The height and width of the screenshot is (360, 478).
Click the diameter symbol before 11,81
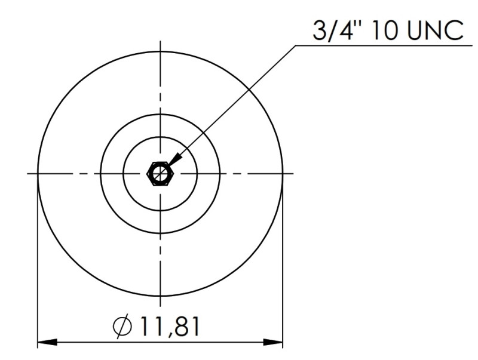pyautogui.click(x=122, y=327)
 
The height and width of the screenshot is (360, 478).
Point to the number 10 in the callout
pyautogui.click(x=384, y=30)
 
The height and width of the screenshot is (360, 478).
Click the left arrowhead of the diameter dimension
pyautogui.click(x=47, y=342)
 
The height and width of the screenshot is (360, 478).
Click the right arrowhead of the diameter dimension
pyautogui.click(x=273, y=342)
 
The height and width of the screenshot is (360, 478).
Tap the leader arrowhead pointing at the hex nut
pyautogui.click(x=174, y=160)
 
